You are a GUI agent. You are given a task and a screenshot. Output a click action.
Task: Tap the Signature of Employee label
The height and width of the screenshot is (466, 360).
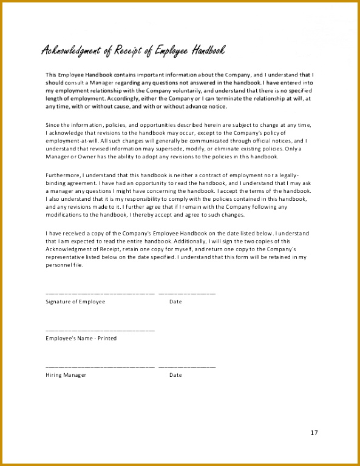tap(75, 302)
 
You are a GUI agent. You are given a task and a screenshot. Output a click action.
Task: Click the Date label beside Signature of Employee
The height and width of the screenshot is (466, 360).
tap(175, 302)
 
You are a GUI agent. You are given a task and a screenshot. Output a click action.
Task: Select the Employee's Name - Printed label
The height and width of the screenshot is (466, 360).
tap(81, 339)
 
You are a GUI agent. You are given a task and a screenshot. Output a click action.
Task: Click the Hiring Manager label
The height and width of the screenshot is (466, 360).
tap(66, 375)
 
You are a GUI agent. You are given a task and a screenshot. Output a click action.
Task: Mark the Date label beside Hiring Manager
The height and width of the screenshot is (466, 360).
tap(175, 375)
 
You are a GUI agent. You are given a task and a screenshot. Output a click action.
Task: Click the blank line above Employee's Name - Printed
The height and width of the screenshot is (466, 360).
tap(100, 330)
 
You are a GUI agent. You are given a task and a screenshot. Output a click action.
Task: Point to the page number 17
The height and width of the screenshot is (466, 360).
tap(314, 433)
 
